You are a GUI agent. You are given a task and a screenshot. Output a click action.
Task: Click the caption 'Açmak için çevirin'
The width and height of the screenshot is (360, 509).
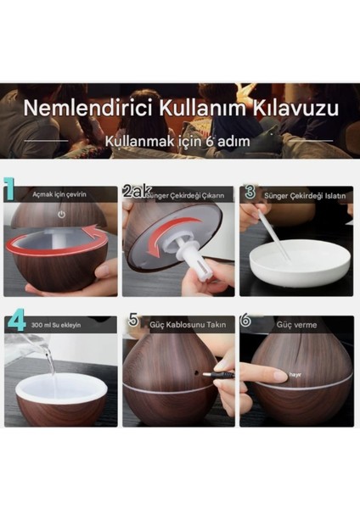(x=60, y=195)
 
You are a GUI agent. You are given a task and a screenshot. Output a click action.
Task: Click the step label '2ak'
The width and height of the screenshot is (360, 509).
(x=135, y=193)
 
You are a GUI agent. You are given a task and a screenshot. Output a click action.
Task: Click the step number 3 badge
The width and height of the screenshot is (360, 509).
(x=250, y=193)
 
